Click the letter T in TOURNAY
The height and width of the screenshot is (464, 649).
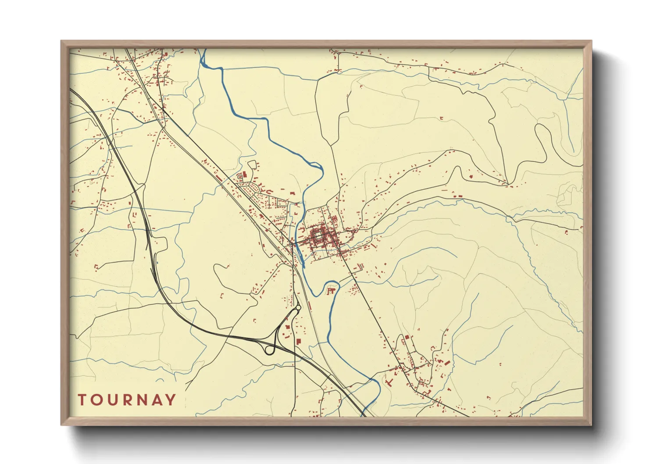(x=82, y=400)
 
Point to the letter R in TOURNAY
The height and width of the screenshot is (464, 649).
(x=127, y=400)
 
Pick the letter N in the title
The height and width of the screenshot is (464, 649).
(x=142, y=400)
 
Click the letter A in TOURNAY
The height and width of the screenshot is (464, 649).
(x=157, y=400)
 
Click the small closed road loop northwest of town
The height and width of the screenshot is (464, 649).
(x=252, y=164)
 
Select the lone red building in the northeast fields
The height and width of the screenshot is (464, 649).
(x=441, y=118)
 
